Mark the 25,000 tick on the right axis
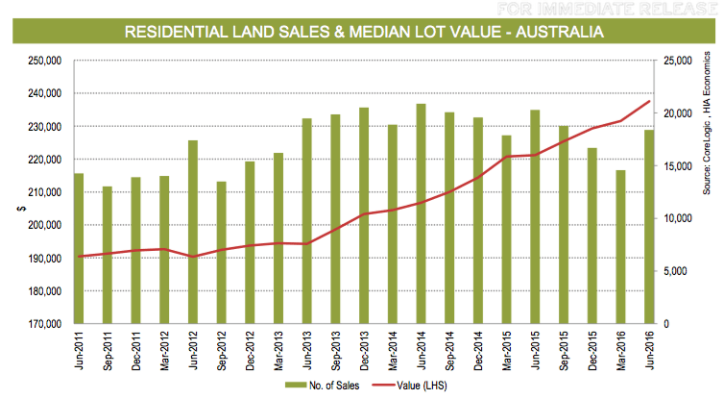point(678,61)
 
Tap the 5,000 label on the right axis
point(675,271)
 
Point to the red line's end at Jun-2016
point(650,101)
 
